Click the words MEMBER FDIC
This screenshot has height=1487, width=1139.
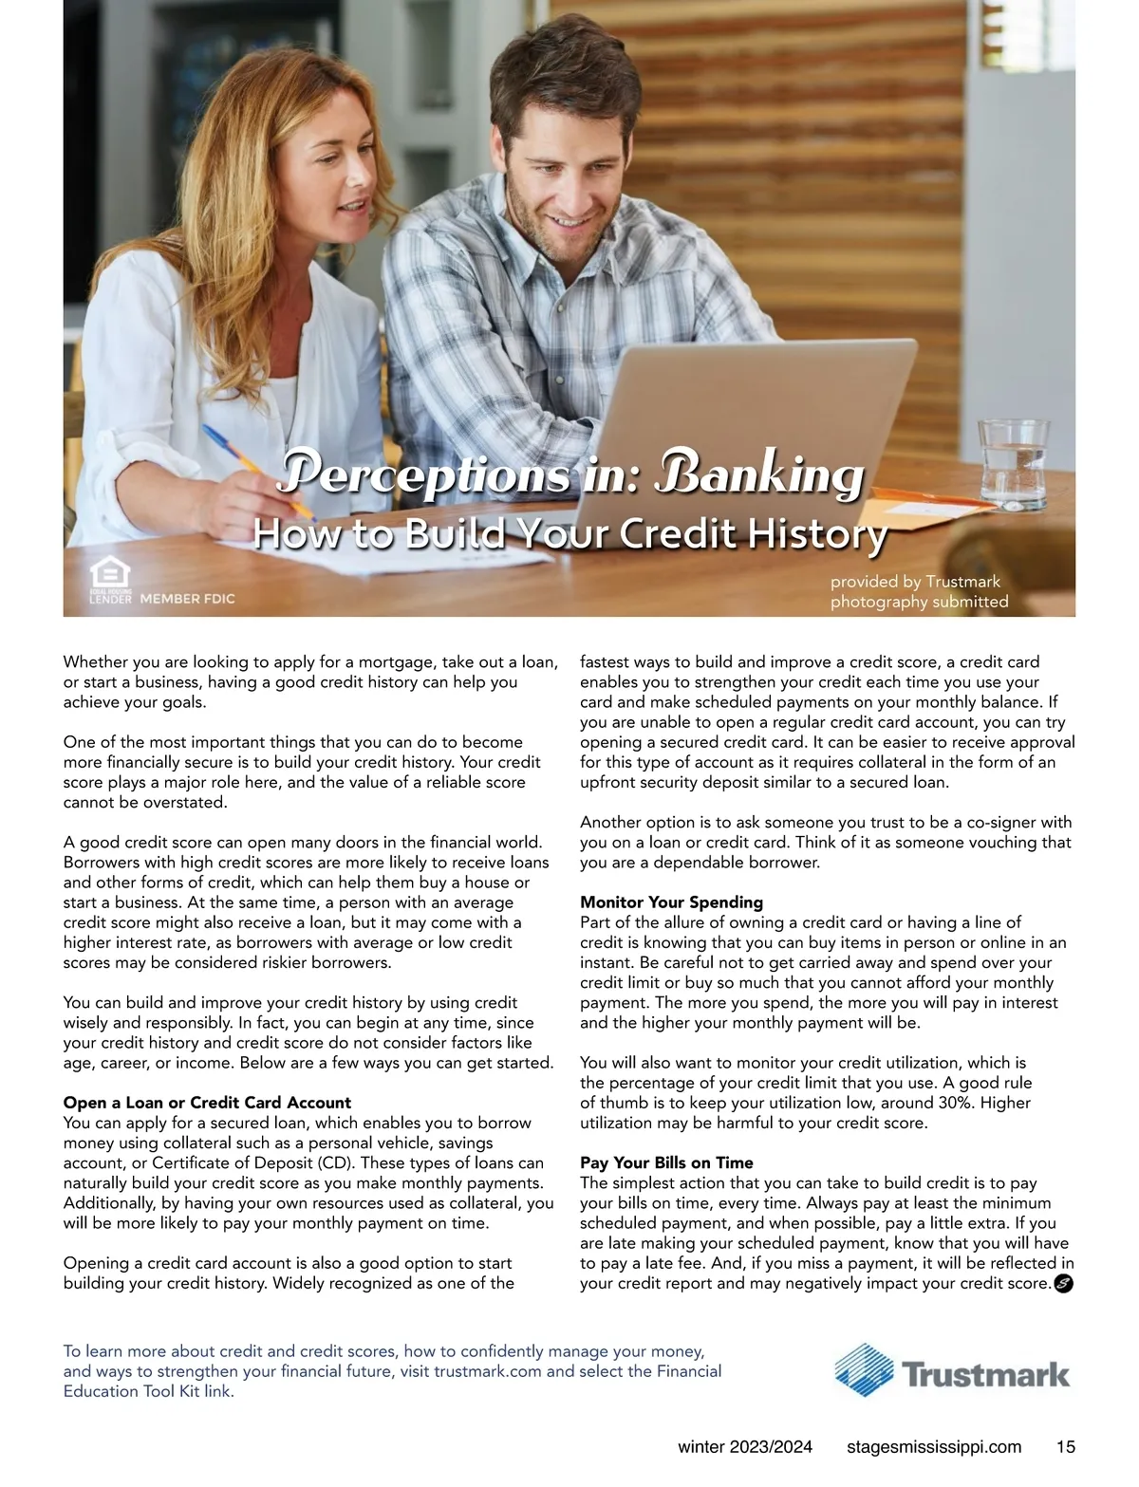click(187, 599)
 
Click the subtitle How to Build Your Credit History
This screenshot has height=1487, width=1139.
click(569, 533)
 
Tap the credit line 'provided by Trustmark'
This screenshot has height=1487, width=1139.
click(915, 581)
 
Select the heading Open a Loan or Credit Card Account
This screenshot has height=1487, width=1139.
click(207, 1103)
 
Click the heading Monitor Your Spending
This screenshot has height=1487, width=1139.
click(671, 902)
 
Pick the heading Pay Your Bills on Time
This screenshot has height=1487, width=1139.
click(666, 1162)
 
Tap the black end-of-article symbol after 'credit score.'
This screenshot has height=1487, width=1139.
click(1063, 1284)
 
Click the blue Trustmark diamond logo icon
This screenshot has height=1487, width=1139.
click(864, 1370)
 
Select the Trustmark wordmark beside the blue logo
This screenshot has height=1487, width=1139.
click(985, 1374)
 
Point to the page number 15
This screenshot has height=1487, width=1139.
click(1065, 1447)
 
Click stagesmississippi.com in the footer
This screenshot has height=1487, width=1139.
click(934, 1447)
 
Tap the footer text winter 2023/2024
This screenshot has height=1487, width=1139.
click(745, 1447)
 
